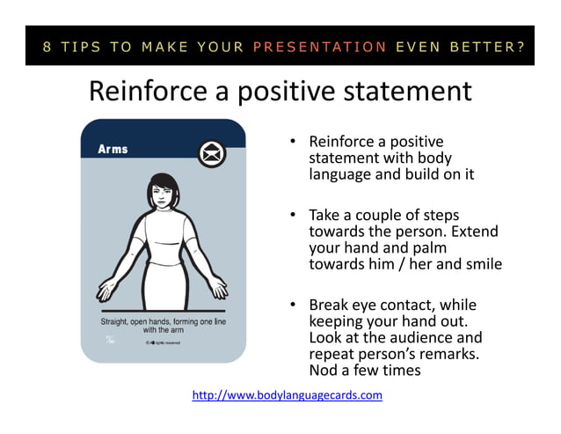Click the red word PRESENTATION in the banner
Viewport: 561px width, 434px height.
pos(320,47)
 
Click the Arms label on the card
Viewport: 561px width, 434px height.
pos(113,149)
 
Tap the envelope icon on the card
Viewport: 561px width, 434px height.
pos(211,153)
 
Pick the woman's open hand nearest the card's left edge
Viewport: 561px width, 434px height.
pos(107,288)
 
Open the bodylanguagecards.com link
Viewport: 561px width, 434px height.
pos(287,395)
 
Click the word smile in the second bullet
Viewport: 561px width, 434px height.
pos(483,263)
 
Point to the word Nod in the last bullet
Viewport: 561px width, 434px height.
pos(324,371)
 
